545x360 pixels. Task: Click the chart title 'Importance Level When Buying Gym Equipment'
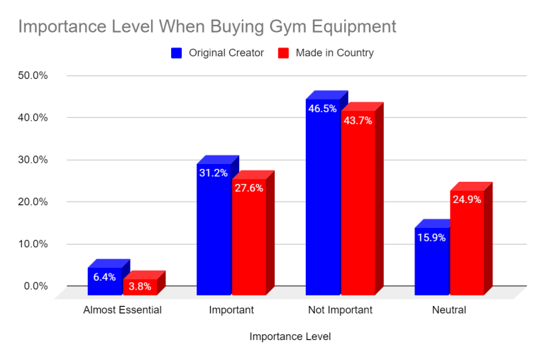(x=207, y=27)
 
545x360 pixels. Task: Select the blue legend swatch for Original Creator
(x=177, y=53)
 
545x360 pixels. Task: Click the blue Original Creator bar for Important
(x=214, y=234)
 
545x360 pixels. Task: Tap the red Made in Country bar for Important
(x=249, y=241)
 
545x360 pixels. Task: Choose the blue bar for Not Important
(x=323, y=206)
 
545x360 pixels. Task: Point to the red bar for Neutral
(x=467, y=249)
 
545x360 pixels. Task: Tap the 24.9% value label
(x=467, y=200)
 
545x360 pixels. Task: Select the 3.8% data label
(x=140, y=287)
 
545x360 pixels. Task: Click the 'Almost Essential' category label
(x=122, y=310)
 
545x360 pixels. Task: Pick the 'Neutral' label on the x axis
(x=449, y=310)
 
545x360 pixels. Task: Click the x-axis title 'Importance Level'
(x=290, y=337)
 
